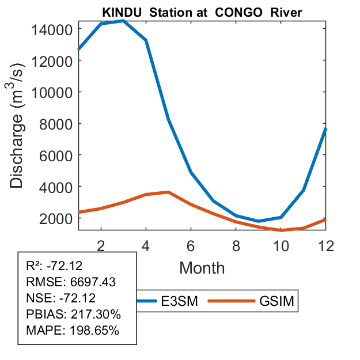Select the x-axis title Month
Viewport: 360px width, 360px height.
point(202,268)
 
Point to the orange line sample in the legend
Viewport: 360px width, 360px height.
point(230,301)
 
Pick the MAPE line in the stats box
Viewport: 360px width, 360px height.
point(73,331)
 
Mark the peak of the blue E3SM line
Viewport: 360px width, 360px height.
point(123,21)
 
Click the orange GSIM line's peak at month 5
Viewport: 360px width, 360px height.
point(168,192)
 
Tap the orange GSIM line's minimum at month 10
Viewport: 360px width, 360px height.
point(281,230)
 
